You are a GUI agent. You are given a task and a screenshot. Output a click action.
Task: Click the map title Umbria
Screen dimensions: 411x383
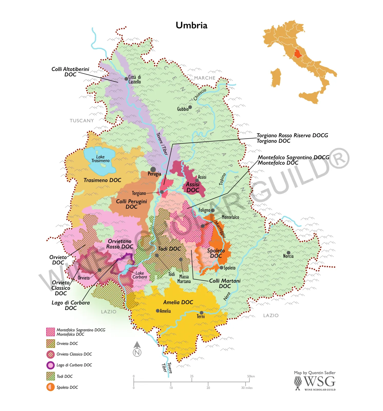click(191, 25)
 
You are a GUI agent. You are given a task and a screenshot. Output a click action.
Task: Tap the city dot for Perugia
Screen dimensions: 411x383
click(153, 169)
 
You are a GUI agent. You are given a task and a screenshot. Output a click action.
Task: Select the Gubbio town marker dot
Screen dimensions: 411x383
click(190, 107)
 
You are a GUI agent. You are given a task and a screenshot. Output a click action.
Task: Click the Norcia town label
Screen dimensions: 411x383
click(288, 256)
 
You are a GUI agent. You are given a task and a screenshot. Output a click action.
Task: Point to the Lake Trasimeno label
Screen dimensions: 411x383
click(100, 159)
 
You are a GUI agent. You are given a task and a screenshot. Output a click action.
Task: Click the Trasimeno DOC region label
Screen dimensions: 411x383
click(102, 180)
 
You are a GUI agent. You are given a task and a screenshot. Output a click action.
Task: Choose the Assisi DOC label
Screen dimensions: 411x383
click(193, 187)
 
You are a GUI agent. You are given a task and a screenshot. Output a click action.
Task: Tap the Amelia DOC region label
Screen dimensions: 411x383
click(178, 302)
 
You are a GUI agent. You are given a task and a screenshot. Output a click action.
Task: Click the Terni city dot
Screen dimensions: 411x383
click(202, 313)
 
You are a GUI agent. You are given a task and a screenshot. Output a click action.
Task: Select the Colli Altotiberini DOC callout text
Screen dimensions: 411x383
click(70, 72)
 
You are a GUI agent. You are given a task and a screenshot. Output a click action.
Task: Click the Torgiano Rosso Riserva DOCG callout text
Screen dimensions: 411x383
click(292, 135)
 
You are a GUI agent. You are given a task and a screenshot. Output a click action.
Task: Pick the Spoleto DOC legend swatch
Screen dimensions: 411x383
click(51, 387)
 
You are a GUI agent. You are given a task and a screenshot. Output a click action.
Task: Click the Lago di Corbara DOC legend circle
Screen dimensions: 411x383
click(51, 365)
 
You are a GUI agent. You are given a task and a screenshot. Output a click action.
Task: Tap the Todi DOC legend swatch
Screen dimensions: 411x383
click(51, 376)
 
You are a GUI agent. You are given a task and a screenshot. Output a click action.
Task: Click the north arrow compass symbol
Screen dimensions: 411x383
click(137, 349)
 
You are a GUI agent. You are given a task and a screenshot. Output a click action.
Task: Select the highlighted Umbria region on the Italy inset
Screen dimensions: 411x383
click(298, 54)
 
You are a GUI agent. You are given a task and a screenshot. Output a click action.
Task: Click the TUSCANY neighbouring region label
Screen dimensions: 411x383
click(82, 121)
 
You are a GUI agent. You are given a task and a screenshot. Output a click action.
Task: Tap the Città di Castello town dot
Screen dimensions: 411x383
click(126, 79)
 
